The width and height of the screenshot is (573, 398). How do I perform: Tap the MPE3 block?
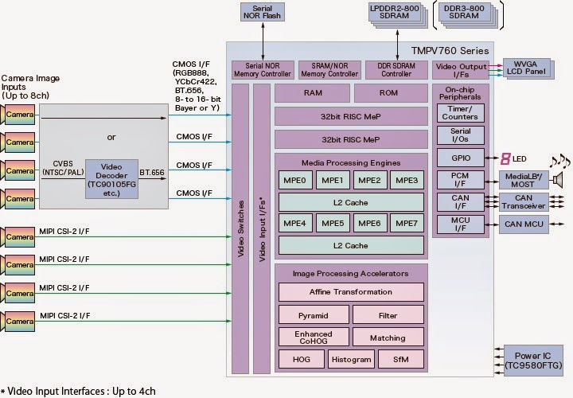[407, 181]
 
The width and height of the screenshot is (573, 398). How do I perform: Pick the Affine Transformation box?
[350, 292]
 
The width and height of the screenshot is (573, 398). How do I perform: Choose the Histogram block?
[351, 360]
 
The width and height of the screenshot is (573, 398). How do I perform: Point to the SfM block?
[401, 360]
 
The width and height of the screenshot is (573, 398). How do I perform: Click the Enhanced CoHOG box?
[313, 338]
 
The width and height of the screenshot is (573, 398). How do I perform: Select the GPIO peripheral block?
[460, 158]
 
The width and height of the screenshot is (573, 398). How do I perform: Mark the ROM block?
[388, 92]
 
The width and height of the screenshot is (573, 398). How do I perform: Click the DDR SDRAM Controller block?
[396, 70]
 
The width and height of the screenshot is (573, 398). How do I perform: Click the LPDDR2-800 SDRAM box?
[395, 12]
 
